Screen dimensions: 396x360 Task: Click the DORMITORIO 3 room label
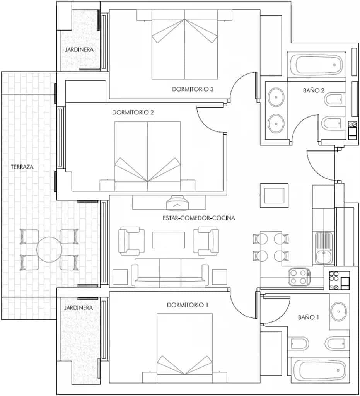(193, 89)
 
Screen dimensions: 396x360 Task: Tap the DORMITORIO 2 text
(133, 113)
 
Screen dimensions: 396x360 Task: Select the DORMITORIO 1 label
(188, 305)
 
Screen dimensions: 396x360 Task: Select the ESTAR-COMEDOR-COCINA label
(199, 218)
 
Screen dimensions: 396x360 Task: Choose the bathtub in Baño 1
(319, 371)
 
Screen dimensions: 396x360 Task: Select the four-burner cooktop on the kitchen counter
(299, 277)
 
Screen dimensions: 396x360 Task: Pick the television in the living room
(177, 202)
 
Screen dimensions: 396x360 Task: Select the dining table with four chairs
(270, 247)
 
